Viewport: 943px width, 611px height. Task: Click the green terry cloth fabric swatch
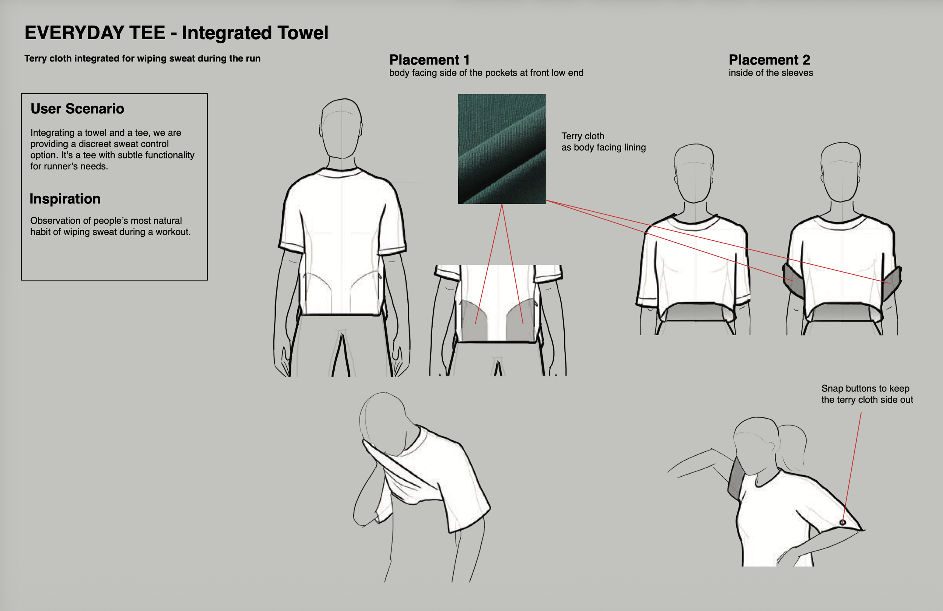pyautogui.click(x=502, y=149)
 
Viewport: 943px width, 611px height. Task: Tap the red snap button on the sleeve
pyautogui.click(x=843, y=522)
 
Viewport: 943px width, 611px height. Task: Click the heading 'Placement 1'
pyautogui.click(x=430, y=60)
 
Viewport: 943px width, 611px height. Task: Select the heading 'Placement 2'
pyautogui.click(x=769, y=60)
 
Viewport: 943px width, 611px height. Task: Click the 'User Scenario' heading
pyautogui.click(x=77, y=109)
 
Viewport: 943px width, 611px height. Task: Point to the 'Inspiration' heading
pyautogui.click(x=65, y=199)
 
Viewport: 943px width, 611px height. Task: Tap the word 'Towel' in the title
pyautogui.click(x=303, y=32)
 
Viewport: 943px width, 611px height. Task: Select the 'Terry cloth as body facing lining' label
pyautogui.click(x=604, y=142)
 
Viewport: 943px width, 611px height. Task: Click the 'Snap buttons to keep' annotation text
pyautogui.click(x=865, y=388)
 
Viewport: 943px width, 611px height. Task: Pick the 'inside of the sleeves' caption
pyautogui.click(x=771, y=73)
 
